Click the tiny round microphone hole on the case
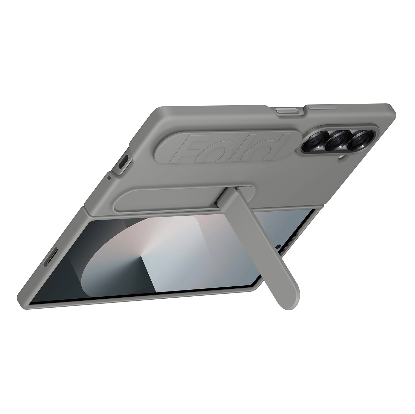pos(109,177)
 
